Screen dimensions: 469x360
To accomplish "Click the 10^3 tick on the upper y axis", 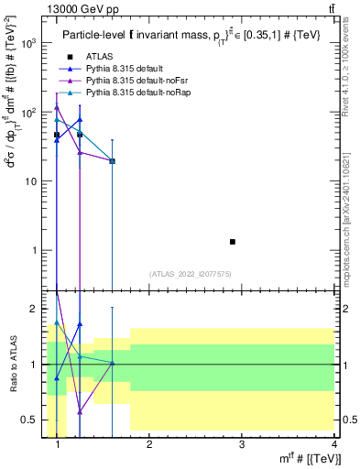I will pos(29,43).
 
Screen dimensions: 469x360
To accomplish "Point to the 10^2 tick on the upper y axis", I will pos(29,112).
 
